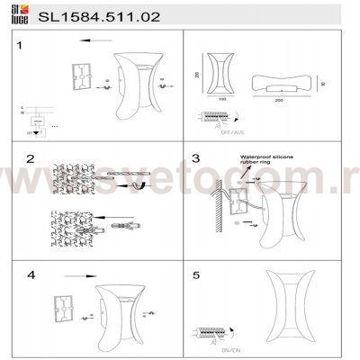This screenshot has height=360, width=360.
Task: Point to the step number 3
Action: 195,158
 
